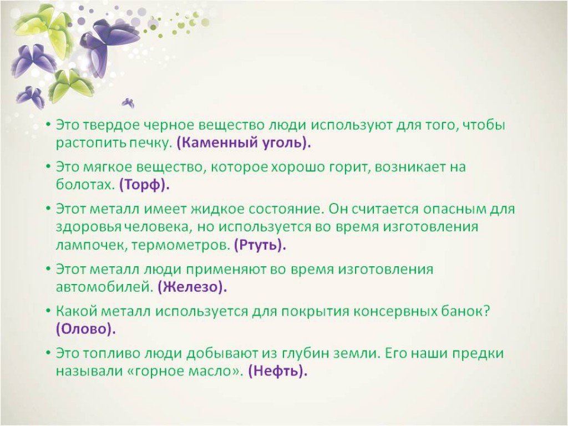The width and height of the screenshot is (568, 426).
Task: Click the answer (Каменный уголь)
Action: click(244, 143)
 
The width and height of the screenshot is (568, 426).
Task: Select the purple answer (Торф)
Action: click(145, 185)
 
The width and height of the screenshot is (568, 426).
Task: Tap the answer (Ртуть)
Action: click(260, 245)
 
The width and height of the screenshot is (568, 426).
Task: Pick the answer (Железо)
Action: click(192, 287)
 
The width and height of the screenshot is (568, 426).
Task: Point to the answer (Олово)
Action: click(86, 329)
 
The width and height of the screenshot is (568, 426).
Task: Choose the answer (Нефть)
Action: click(278, 371)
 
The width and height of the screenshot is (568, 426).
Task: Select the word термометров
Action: click(180, 246)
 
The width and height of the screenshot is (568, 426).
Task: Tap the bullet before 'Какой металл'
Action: click(48, 311)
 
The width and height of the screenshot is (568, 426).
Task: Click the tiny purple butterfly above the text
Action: click(128, 103)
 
